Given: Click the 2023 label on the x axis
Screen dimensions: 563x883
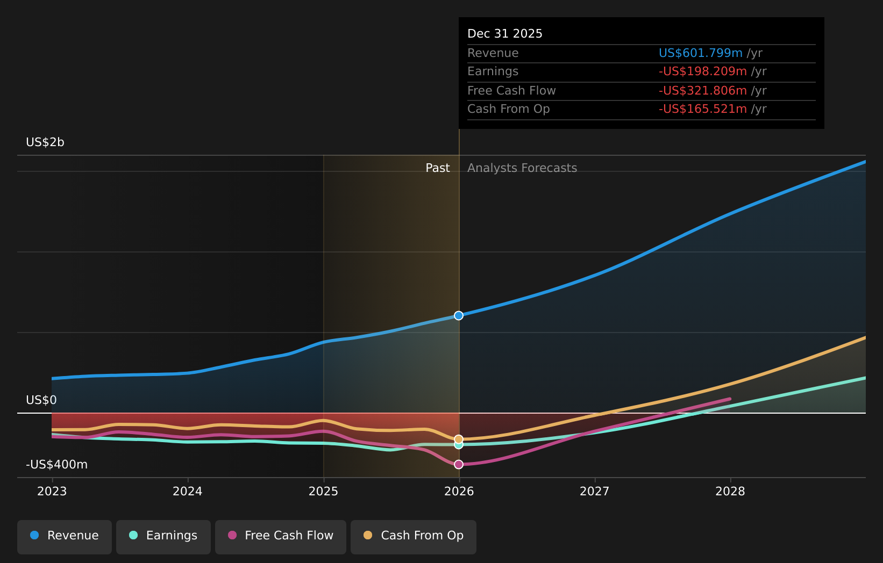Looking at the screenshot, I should click(x=52, y=492).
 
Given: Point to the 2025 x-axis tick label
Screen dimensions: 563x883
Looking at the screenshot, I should click(x=323, y=492).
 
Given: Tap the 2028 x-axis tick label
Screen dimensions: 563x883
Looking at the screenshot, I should click(x=730, y=492).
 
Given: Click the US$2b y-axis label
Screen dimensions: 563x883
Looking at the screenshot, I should click(x=45, y=142).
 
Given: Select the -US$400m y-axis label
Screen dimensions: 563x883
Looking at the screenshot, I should click(x=56, y=465).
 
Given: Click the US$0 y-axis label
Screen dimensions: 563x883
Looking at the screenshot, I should click(x=41, y=400).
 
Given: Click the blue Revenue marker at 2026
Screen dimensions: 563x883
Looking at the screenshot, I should click(x=459, y=315).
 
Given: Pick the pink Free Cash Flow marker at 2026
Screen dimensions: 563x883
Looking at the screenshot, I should click(x=459, y=464).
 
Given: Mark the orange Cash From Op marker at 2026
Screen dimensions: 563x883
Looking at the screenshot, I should click(x=459, y=439).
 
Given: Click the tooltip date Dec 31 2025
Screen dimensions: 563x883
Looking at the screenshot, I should click(x=505, y=34).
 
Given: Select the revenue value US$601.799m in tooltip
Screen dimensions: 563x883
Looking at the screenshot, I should click(x=700, y=53).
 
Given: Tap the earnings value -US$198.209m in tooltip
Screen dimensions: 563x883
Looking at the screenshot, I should click(x=702, y=71).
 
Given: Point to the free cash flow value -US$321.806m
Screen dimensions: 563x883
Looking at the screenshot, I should click(x=702, y=91).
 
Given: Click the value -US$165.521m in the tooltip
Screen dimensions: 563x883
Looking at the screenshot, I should click(x=702, y=109).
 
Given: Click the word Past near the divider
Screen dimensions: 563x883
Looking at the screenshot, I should click(x=437, y=168).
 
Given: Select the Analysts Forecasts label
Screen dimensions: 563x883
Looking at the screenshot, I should click(x=522, y=168).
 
